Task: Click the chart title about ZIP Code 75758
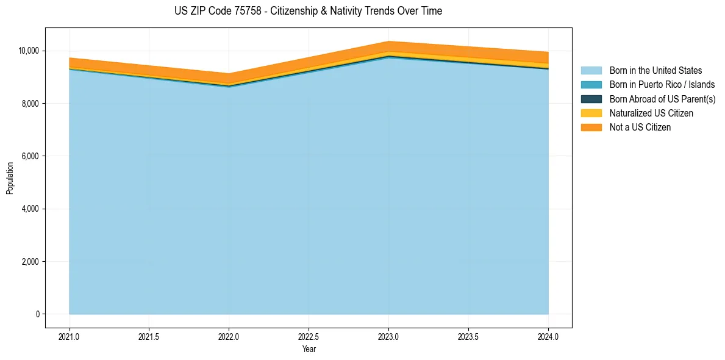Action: tap(308, 11)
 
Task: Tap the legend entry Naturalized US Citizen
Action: tap(651, 113)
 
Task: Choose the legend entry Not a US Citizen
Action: tap(640, 127)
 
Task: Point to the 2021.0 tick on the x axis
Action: tap(69, 336)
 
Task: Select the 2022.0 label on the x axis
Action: tap(229, 336)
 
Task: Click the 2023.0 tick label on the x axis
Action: tap(388, 336)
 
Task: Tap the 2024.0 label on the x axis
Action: tap(548, 336)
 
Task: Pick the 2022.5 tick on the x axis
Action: tap(309, 336)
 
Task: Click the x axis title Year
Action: tap(309, 349)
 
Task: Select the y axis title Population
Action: tap(10, 178)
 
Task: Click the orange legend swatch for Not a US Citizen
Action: tap(591, 127)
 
